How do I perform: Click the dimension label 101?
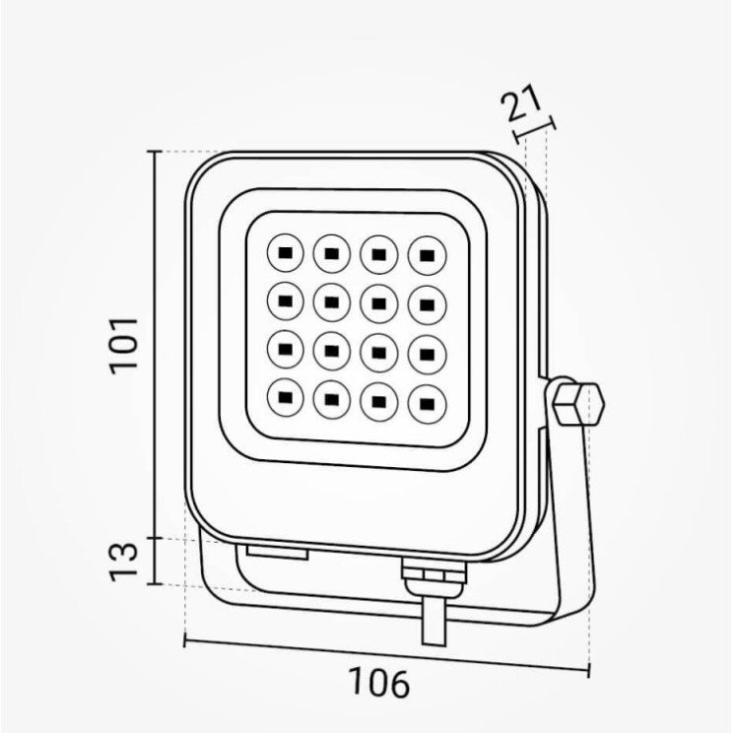pos(124,346)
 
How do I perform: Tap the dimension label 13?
pos(124,562)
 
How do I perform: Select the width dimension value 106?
pos(379,684)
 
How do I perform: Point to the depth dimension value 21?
pos(521,102)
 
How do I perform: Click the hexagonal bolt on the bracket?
pos(578,404)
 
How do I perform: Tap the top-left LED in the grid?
pos(285,253)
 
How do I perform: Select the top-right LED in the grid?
pos(427,256)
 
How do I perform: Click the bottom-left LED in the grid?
pos(285,398)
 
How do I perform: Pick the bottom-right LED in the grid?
pos(427,404)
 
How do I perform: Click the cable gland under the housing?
pos(433,578)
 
